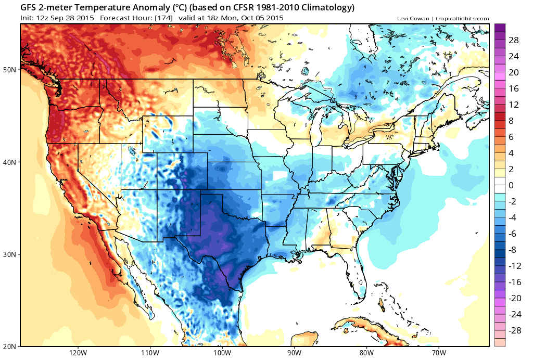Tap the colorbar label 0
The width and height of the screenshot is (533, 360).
click(511, 185)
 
